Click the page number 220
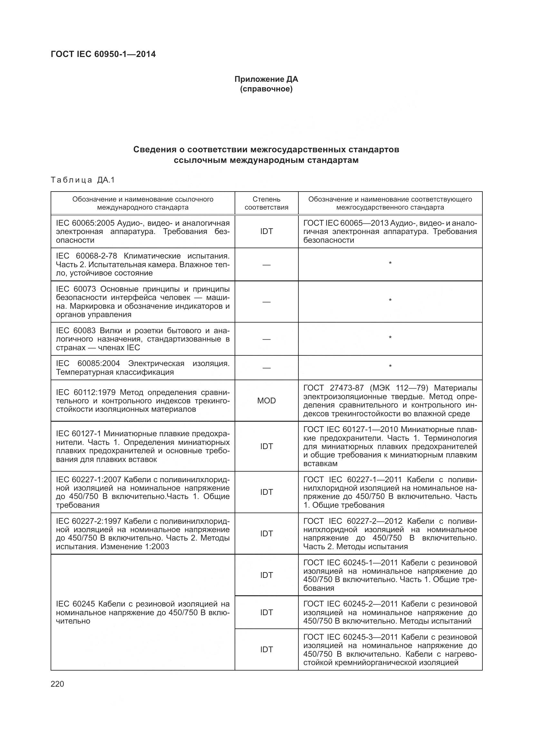click(57, 684)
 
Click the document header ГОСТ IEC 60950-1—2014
click(103, 54)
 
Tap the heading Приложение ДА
click(266, 79)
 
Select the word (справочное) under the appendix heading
click(266, 89)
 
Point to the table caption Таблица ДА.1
click(83, 180)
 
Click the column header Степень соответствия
click(266, 203)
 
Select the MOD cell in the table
click(266, 401)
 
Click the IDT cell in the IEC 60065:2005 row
click(266, 231)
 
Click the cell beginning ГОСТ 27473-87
click(390, 401)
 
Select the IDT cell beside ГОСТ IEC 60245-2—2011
click(266, 612)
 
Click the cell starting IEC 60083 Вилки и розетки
click(143, 339)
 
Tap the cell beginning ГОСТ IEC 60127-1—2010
click(390, 446)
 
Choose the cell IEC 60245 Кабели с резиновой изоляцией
click(143, 612)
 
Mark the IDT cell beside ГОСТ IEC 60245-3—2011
click(266, 649)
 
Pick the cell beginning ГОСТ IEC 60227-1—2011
click(390, 492)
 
